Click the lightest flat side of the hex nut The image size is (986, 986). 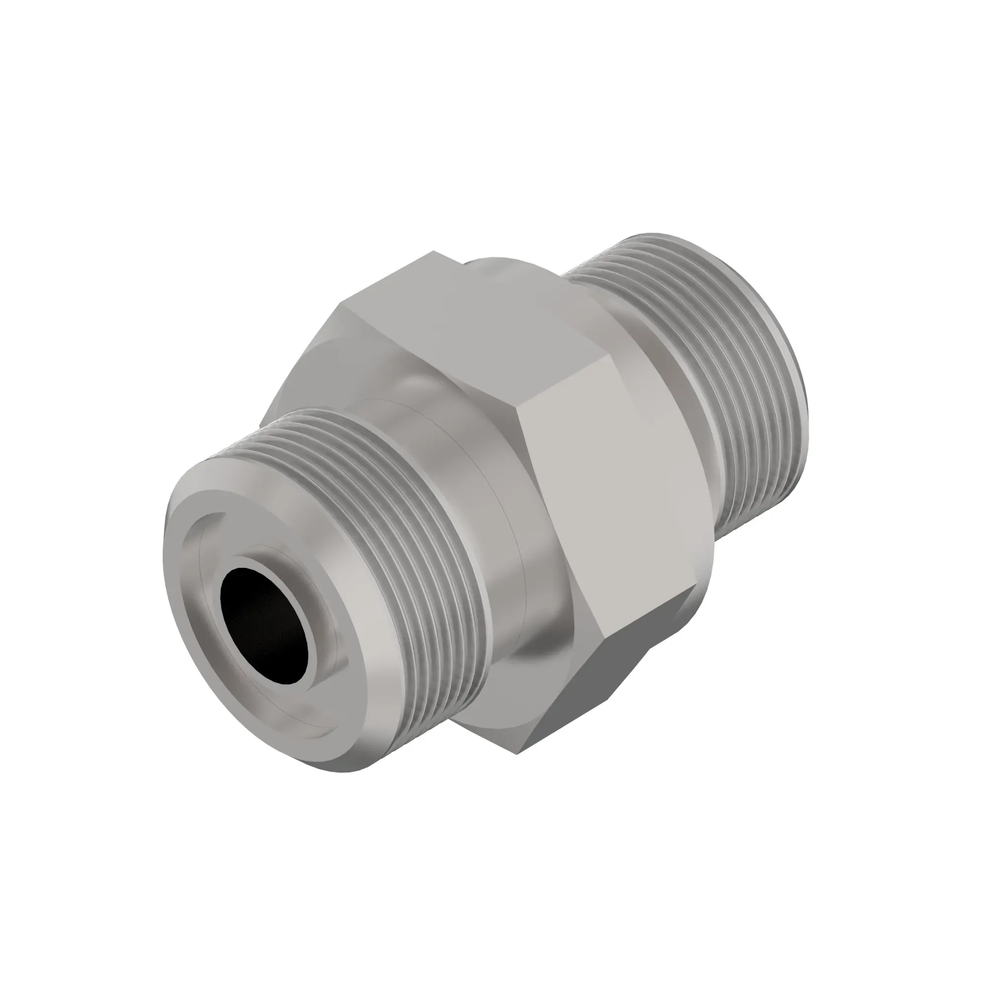pos(612,490)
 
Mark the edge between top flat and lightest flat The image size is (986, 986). pos(566,375)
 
